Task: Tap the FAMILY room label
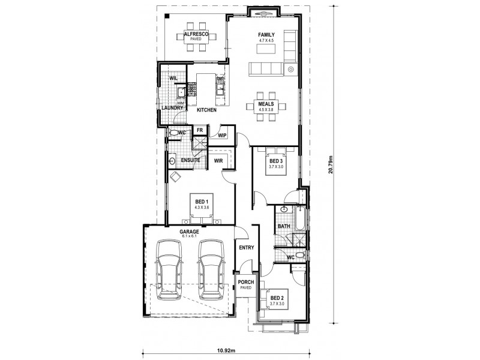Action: tap(266, 35)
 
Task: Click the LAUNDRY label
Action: tap(172, 107)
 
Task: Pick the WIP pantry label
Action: tap(221, 136)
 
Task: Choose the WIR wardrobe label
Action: tap(218, 161)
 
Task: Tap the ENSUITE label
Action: tap(190, 161)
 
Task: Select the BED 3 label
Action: tap(275, 161)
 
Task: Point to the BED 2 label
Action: tap(277, 298)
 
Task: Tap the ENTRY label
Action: tap(246, 247)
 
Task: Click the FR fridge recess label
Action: tap(199, 130)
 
